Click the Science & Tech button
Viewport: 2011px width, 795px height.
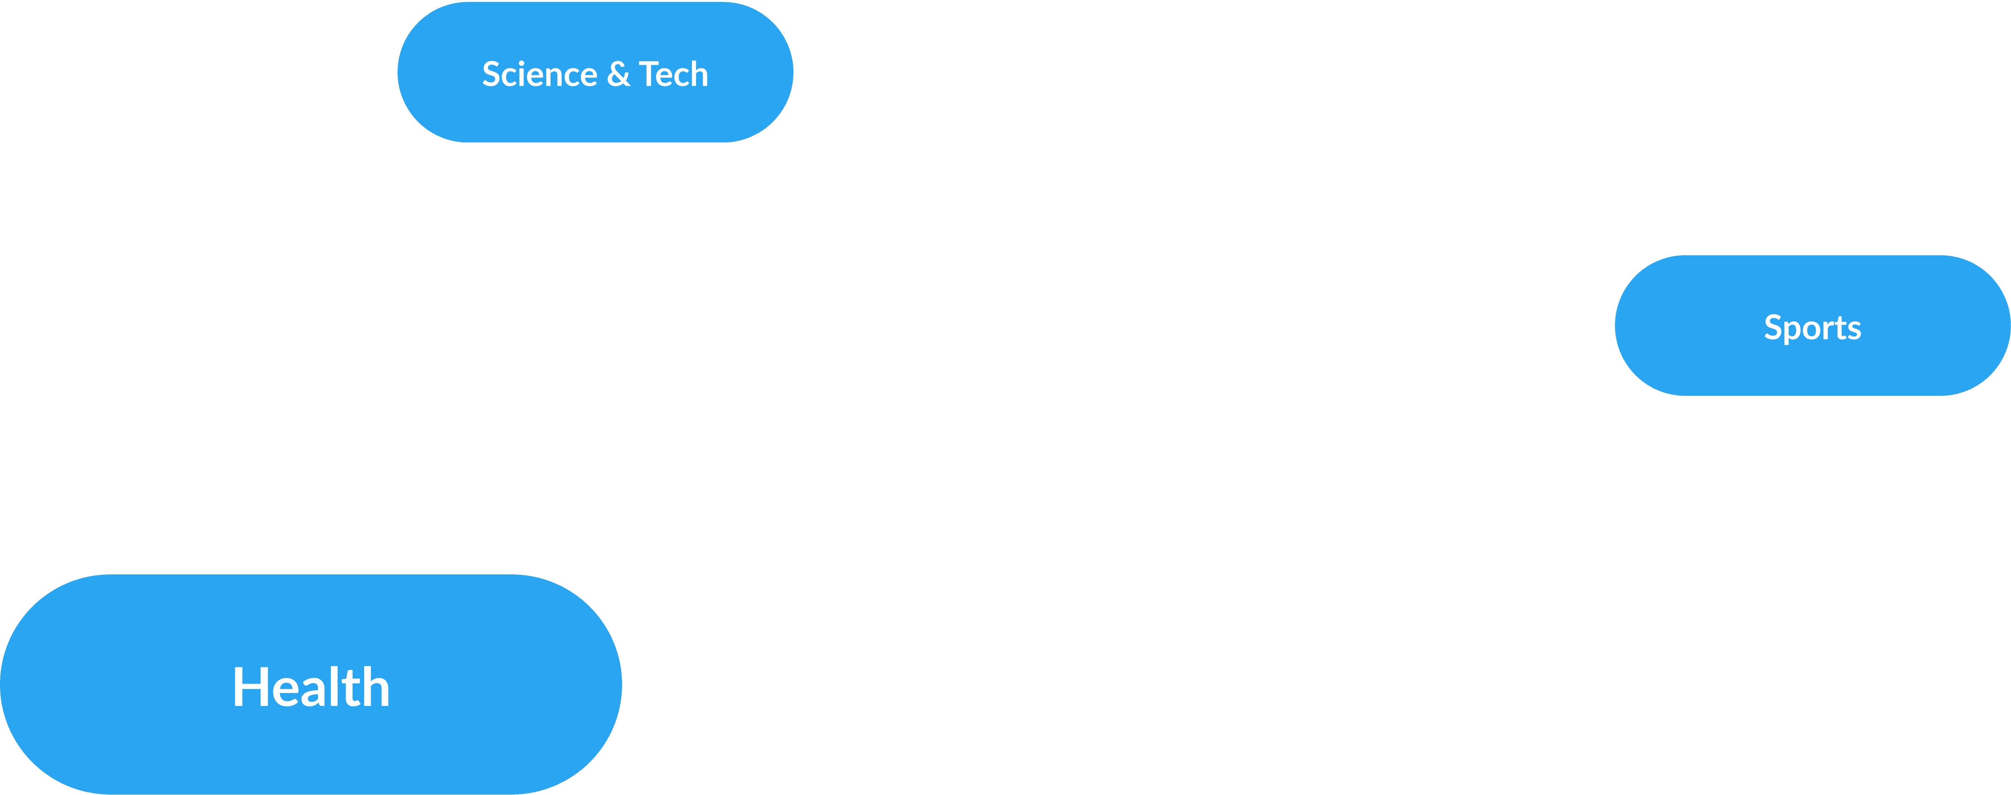[x=595, y=72]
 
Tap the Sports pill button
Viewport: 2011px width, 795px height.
[x=1812, y=326]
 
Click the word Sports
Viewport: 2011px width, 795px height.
[x=1812, y=328]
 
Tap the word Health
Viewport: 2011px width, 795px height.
[x=311, y=687]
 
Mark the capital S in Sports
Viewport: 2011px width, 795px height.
[x=1772, y=328]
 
